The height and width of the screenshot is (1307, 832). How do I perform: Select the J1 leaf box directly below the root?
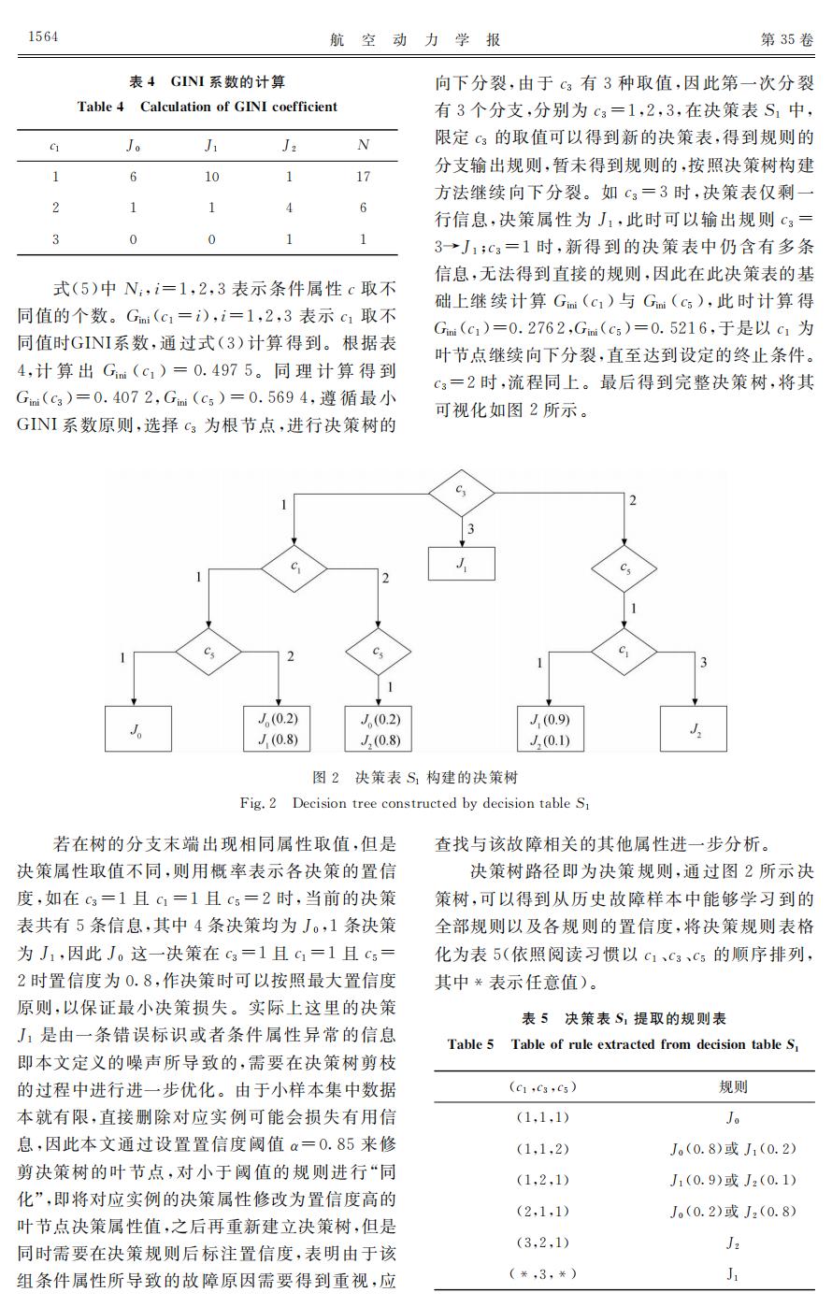[x=461, y=564]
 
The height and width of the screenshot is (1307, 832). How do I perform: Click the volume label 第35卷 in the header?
[x=787, y=38]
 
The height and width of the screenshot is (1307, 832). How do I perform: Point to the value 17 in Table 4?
[x=364, y=176]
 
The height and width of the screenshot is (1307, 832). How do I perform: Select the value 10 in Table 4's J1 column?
[x=211, y=176]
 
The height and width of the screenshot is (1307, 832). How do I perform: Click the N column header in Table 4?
[x=364, y=145]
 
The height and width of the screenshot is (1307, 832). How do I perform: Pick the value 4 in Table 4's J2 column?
[x=289, y=208]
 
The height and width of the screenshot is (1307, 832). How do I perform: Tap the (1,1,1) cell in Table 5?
[x=542, y=1117]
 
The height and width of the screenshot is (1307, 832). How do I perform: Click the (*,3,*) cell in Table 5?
[x=542, y=1273]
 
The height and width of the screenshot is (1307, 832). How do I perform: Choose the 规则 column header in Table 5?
[x=732, y=1086]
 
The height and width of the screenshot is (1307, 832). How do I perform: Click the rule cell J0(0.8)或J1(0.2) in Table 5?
[x=733, y=1148]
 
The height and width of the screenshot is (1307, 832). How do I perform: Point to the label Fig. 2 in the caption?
[x=259, y=803]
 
